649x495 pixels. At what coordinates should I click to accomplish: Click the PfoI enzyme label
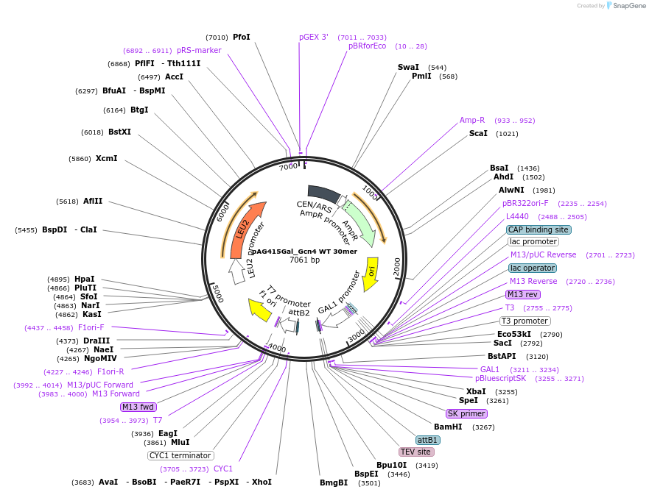click(241, 37)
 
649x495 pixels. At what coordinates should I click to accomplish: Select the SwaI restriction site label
click(408, 67)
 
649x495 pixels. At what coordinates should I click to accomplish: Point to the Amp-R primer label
click(472, 120)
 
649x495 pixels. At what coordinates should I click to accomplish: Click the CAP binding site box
click(539, 229)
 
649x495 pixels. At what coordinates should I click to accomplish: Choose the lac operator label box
click(533, 268)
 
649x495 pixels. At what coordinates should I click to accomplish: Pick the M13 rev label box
click(523, 294)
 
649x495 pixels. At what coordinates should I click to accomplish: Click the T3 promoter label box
click(525, 321)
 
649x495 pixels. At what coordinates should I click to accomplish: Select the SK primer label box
click(466, 413)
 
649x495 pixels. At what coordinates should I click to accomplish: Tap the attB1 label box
click(428, 440)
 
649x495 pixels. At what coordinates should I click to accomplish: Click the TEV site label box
click(415, 452)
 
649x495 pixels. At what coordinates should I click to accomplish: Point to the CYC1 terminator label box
click(180, 455)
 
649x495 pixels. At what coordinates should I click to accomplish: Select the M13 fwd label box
click(138, 407)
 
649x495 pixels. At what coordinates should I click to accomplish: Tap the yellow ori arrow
click(371, 272)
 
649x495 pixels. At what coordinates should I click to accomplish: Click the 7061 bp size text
click(304, 260)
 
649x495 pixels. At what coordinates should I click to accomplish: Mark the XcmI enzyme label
click(106, 158)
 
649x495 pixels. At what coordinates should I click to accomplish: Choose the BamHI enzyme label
click(448, 427)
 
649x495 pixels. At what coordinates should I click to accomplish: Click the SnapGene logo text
click(629, 6)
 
